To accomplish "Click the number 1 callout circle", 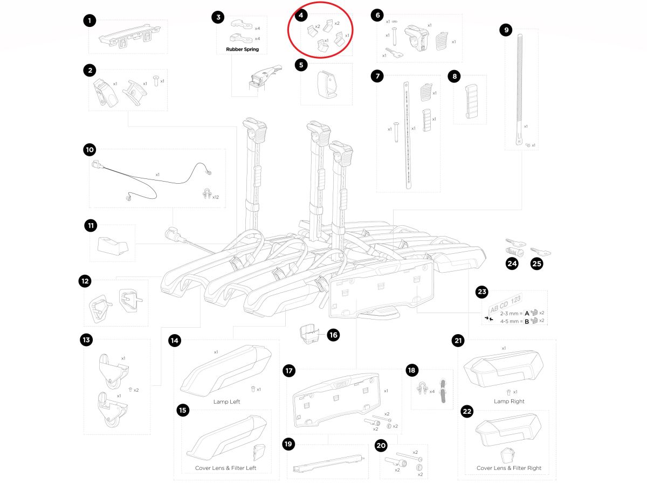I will point(90,21).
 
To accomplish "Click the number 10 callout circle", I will point(90,149).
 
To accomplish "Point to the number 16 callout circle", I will point(333,335).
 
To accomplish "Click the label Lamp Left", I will point(227,401).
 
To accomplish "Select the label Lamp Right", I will point(509,401).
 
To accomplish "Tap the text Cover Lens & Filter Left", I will point(225,468).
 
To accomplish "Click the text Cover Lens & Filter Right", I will point(509,468).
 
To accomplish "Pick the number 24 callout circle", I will point(512,264).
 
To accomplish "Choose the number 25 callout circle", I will point(537,264).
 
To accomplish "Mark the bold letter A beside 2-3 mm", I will point(527,313).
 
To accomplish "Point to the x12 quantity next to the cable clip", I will point(216,197).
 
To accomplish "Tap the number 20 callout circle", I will point(381,446).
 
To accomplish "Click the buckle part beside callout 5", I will point(326,85).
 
